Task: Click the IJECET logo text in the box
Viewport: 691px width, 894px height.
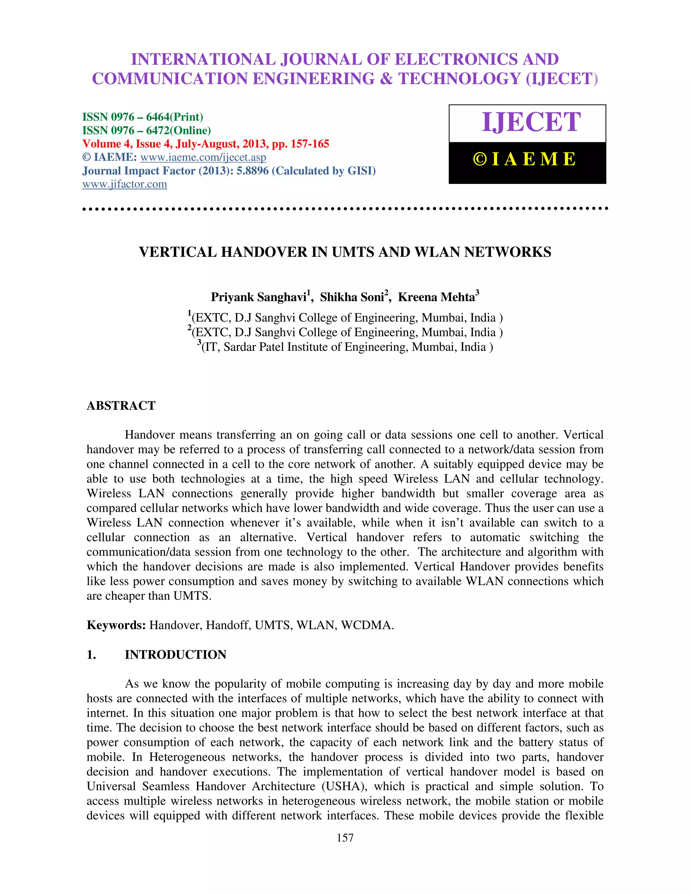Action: [531, 122]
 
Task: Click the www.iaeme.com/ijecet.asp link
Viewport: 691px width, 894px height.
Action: [203, 157]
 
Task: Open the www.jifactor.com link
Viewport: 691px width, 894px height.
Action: [125, 184]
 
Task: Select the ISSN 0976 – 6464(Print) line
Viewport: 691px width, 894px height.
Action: [142, 117]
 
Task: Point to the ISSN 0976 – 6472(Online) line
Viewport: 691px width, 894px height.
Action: [146, 131]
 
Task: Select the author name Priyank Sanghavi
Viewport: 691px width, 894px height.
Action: [259, 297]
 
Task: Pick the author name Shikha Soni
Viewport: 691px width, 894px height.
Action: [352, 297]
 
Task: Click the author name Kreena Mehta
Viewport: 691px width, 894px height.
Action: [436, 297]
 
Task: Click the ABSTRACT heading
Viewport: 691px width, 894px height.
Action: [121, 406]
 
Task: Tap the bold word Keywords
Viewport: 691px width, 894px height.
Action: [116, 625]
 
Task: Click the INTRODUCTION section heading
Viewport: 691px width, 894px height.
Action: [175, 654]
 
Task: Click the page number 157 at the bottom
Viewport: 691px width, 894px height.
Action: [345, 838]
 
